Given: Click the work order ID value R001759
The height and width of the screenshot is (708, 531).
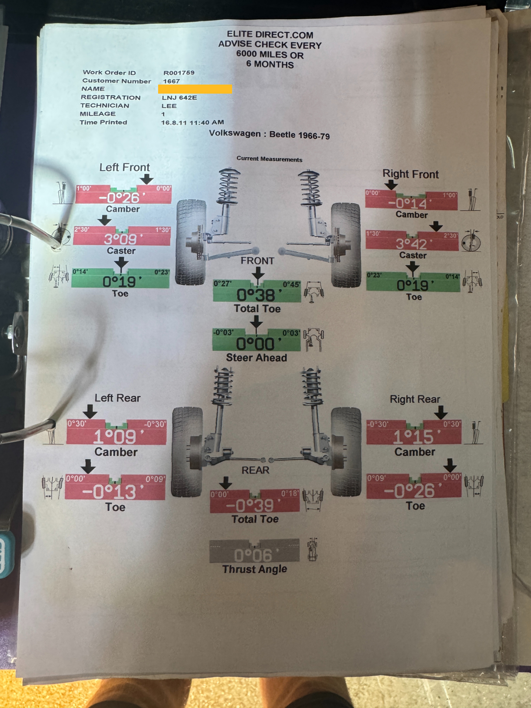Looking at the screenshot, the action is (x=179, y=73).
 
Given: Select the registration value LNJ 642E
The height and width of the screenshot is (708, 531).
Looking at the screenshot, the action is (x=179, y=98).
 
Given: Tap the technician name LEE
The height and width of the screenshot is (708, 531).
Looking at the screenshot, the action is (x=169, y=106).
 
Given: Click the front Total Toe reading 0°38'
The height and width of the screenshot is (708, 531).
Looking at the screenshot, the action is (x=258, y=295).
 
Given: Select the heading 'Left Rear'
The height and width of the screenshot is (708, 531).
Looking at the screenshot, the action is (x=117, y=398).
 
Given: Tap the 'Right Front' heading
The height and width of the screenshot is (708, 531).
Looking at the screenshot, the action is (x=411, y=174).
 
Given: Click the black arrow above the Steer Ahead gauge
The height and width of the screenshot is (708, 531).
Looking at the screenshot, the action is (x=256, y=323).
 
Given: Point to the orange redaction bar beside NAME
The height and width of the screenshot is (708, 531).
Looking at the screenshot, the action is (x=195, y=89).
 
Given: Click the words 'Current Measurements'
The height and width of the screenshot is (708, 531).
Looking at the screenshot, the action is (x=269, y=159).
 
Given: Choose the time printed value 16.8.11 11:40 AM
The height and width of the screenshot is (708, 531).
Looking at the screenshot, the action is (x=192, y=122).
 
